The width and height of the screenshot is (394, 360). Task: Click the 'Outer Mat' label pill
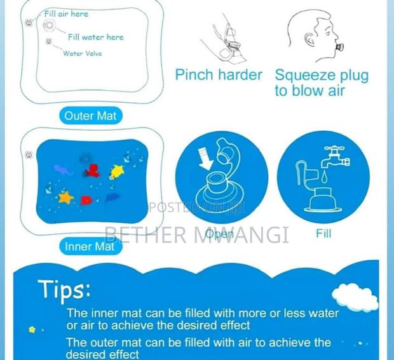click(x=91, y=116)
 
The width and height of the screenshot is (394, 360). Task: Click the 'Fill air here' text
click(x=66, y=13)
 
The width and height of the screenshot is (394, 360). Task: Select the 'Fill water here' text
click(x=95, y=37)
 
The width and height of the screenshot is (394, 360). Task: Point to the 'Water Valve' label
click(x=82, y=53)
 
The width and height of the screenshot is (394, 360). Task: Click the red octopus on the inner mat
click(x=93, y=171)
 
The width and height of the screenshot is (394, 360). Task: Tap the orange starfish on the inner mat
click(x=65, y=197)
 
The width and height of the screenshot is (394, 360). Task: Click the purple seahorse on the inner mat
click(x=63, y=170)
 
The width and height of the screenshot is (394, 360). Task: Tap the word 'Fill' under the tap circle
click(x=323, y=234)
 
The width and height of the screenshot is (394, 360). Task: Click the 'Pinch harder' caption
click(x=218, y=75)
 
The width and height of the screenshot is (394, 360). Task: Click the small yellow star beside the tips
click(x=32, y=330)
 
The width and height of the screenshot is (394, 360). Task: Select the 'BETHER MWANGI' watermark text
click(x=196, y=234)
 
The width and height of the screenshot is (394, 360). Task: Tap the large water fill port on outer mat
click(x=48, y=25)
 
